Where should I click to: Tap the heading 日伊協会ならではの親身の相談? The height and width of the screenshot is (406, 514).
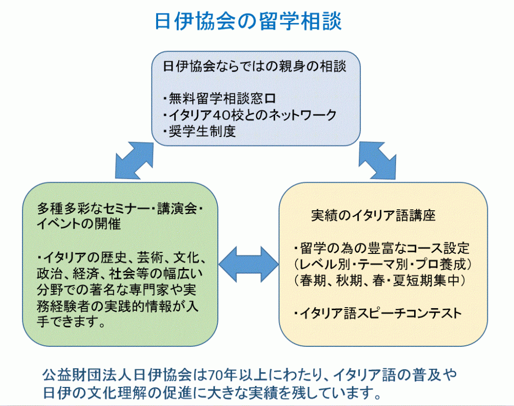tap(255, 66)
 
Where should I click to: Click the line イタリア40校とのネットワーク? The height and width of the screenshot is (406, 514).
tap(249, 115)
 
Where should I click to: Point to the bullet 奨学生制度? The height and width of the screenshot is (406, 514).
tap(199, 131)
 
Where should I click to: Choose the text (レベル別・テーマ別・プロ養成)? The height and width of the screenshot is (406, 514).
tap(385, 264)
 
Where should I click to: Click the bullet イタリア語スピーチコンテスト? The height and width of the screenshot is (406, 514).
tap(377, 314)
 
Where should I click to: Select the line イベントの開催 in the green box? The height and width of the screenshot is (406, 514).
tap(79, 224)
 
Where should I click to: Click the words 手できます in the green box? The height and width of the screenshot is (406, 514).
tap(70, 322)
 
